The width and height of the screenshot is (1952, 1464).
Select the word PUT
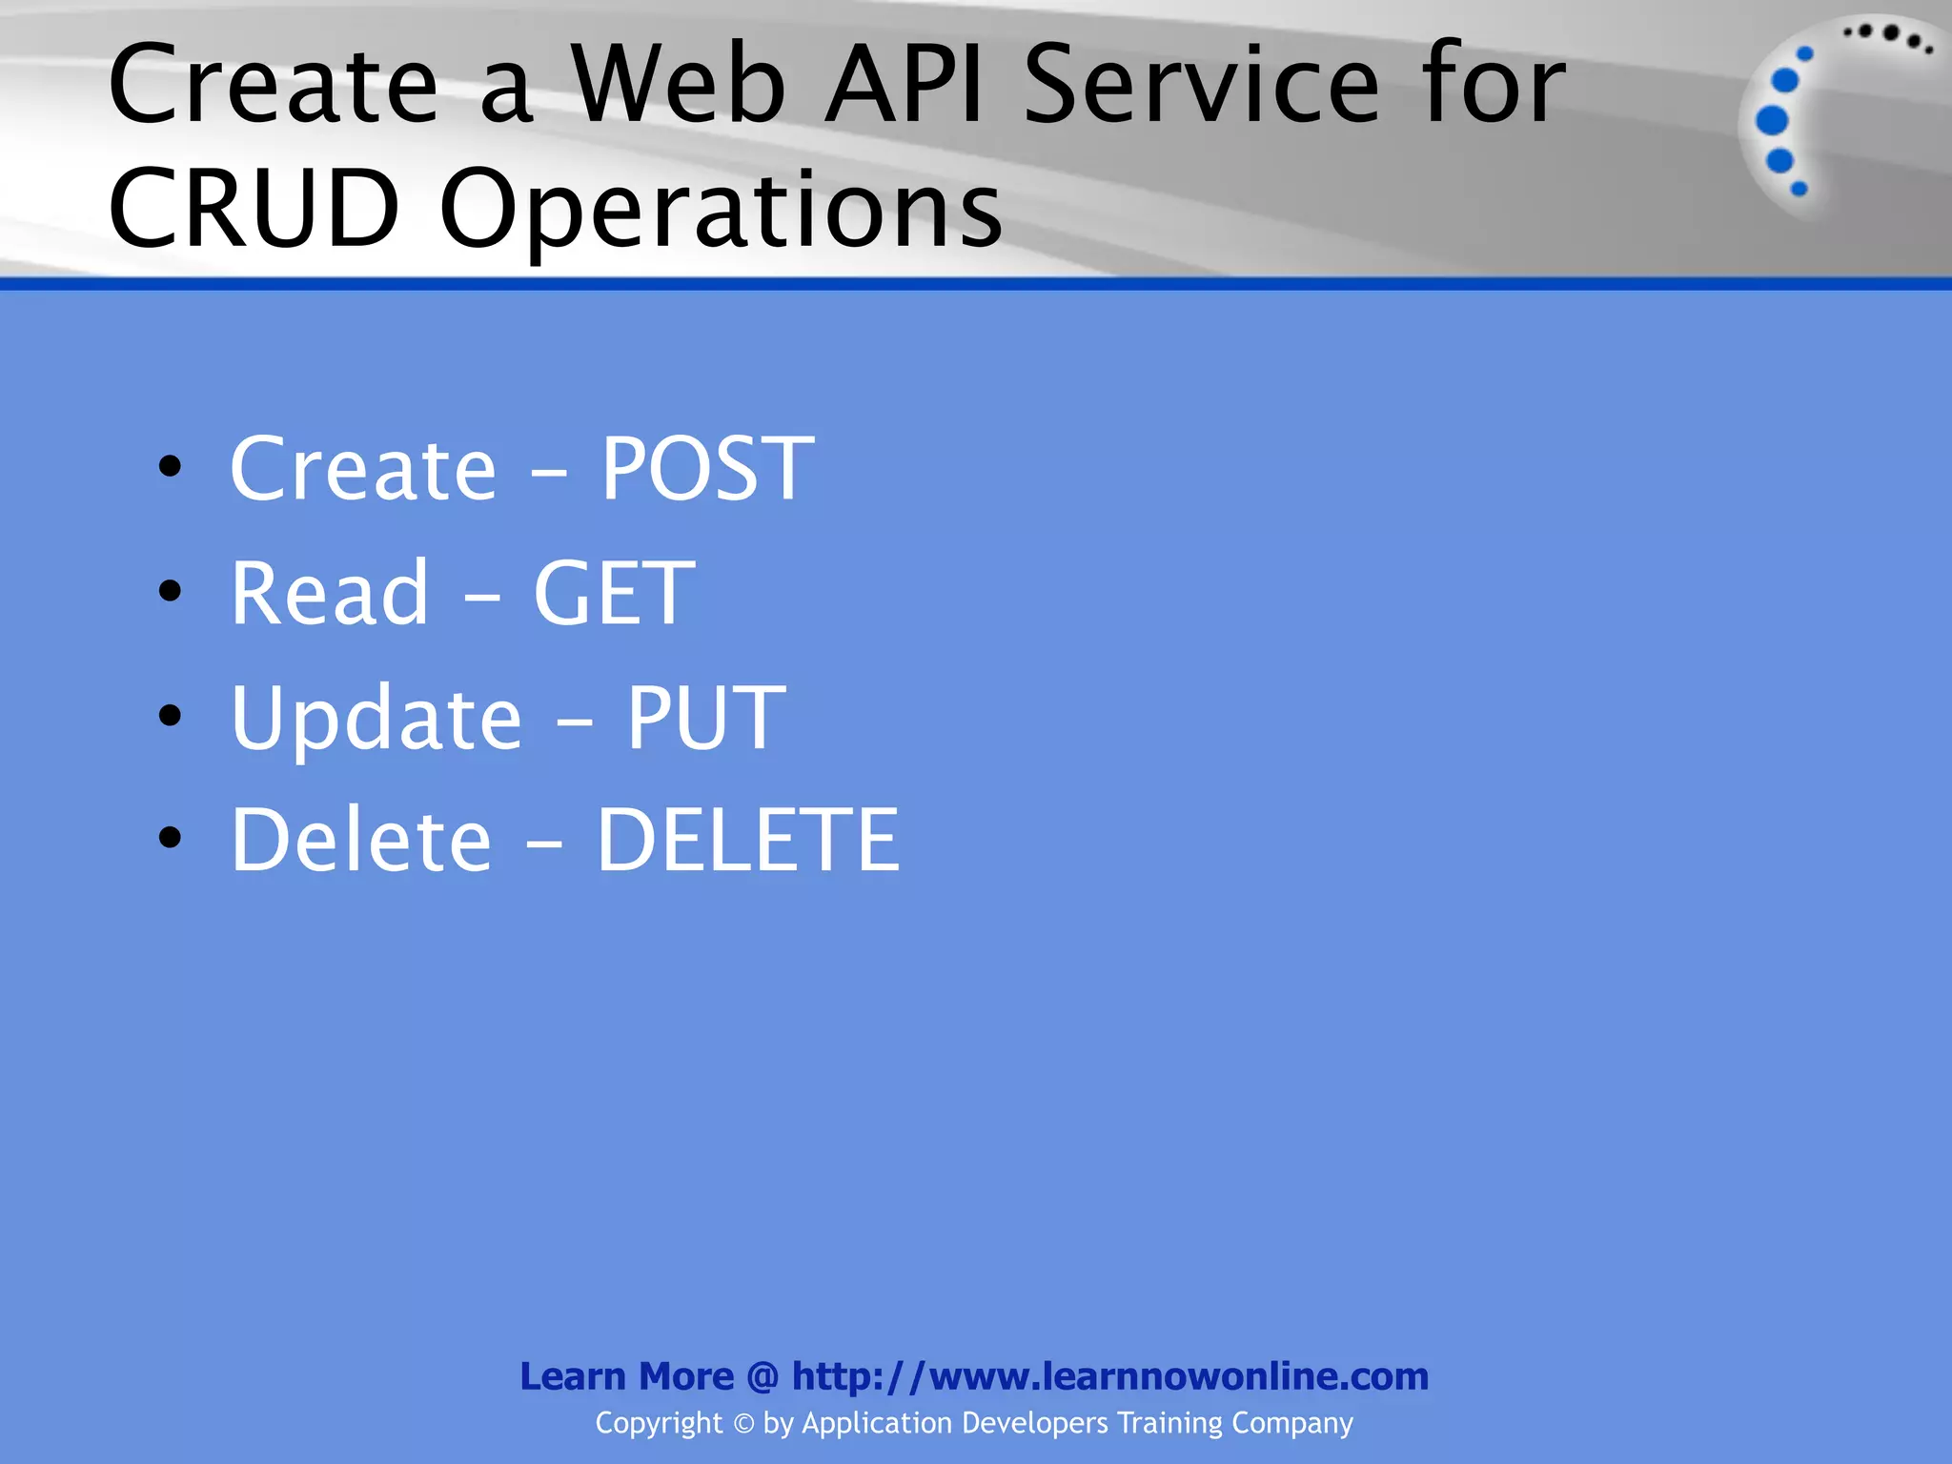705,718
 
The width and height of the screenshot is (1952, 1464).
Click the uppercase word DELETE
747,840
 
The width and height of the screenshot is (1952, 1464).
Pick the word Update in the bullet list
376,718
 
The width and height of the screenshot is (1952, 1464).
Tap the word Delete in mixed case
361,840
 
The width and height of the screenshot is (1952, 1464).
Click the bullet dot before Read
170,591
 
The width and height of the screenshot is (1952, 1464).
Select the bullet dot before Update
170,715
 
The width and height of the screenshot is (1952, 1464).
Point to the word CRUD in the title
254,207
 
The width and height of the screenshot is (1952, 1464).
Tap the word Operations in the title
721,207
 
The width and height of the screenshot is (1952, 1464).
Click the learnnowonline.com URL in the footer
1109,1376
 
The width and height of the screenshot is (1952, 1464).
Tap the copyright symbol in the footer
743,1424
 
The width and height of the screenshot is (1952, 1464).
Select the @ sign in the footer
762,1376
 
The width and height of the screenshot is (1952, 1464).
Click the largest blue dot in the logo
1772,121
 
